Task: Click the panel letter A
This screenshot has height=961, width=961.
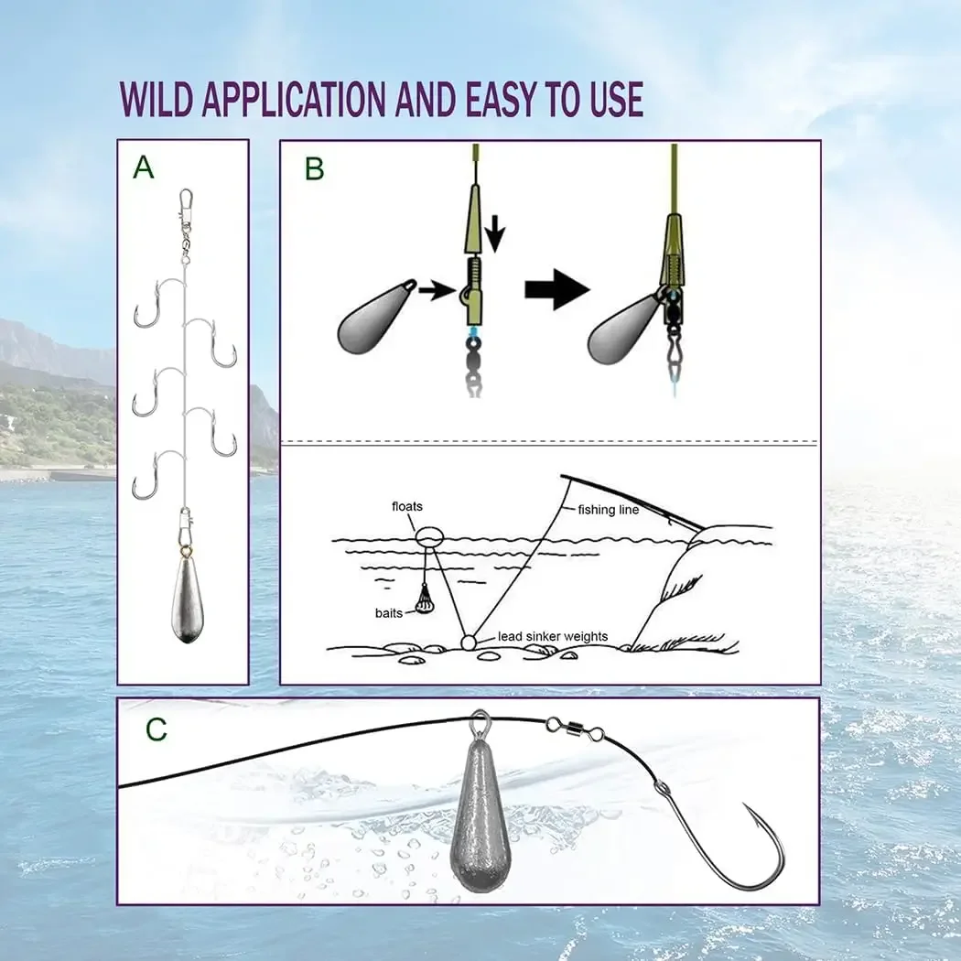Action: coord(144,167)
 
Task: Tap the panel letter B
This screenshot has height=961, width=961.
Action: coord(314,169)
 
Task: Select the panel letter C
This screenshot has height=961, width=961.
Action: coord(157,729)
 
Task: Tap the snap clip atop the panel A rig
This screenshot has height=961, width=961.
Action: coord(187,203)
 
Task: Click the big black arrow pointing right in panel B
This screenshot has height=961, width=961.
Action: coord(556,290)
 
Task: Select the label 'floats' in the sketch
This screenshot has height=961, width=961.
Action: coord(407,506)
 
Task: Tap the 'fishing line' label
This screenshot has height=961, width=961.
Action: coord(608,510)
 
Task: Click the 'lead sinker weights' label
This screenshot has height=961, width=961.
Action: coord(553,636)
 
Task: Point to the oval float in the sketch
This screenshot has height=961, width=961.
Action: coord(429,534)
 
